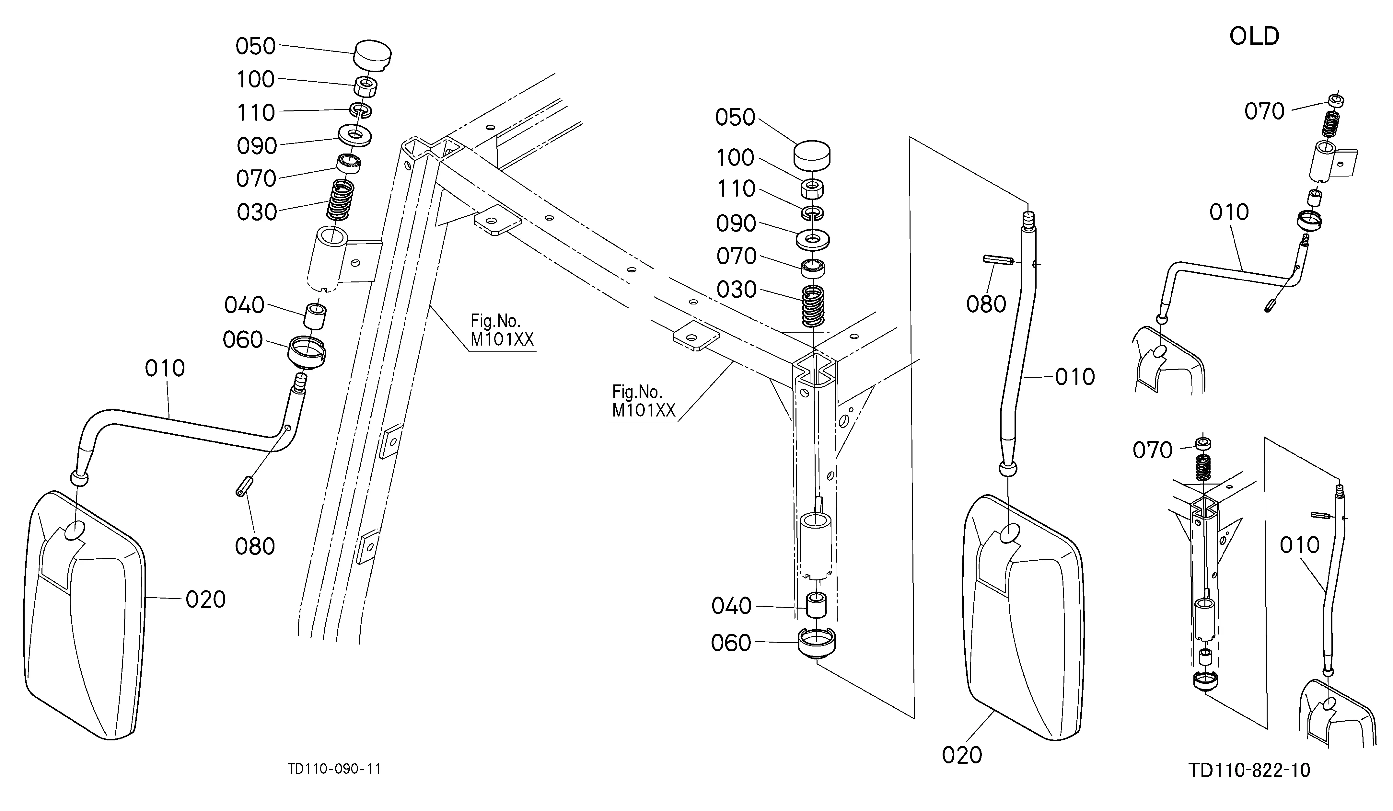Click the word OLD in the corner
point(1254,37)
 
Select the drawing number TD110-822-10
point(1249,770)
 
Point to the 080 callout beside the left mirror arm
point(255,546)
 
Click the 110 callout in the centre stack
point(736,189)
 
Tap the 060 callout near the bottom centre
point(731,643)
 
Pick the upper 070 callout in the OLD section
point(1264,112)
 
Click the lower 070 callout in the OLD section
point(1153,450)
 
